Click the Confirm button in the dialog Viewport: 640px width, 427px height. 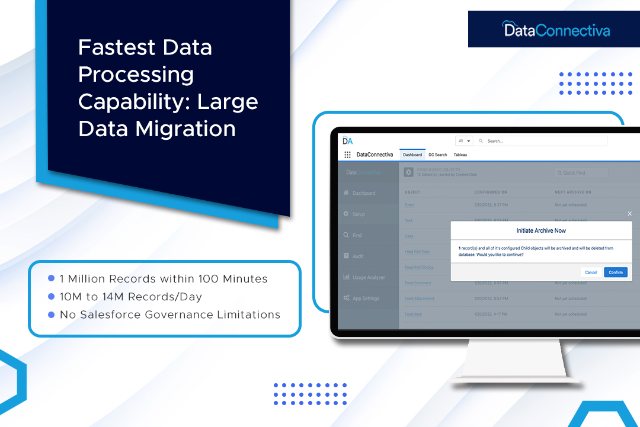click(616, 272)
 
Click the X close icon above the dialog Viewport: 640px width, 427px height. click(629, 213)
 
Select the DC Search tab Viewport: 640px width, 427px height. click(437, 155)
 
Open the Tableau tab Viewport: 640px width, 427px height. click(460, 155)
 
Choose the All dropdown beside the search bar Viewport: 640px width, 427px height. click(464, 141)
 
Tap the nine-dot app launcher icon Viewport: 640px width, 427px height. click(347, 155)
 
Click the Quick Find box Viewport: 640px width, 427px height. click(581, 173)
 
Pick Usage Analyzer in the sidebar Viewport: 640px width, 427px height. click(368, 277)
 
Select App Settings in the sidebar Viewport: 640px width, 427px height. click(366, 298)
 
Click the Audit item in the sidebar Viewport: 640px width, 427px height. click(358, 256)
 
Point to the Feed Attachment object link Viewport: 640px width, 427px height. click(419, 298)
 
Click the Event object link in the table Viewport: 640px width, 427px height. click(409, 205)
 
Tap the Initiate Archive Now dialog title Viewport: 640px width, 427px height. click(541, 230)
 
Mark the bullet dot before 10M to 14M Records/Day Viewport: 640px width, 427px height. click(51, 296)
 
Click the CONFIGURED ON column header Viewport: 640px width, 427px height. click(491, 192)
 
